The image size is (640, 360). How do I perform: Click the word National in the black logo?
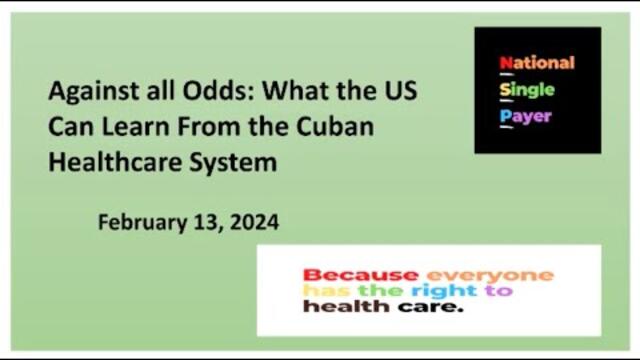point(537,62)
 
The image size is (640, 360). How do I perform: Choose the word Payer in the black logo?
point(525,116)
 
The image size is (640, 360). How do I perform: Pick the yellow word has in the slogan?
point(324,291)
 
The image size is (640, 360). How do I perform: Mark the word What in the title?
point(300,91)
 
